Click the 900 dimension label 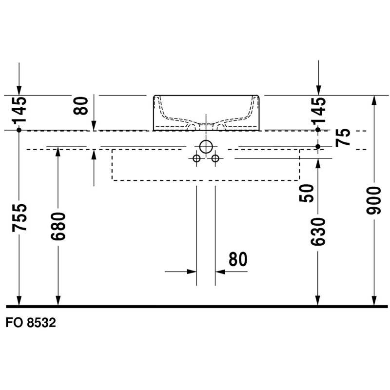click(x=373, y=200)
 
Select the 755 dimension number click(x=19, y=217)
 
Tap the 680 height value click(x=58, y=226)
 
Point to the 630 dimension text click(x=318, y=232)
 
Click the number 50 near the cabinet click(x=307, y=193)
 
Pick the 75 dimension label click(x=343, y=137)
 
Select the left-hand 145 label click(x=19, y=110)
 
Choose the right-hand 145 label click(x=319, y=110)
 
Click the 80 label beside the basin click(x=81, y=105)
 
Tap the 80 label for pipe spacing click(x=238, y=259)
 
